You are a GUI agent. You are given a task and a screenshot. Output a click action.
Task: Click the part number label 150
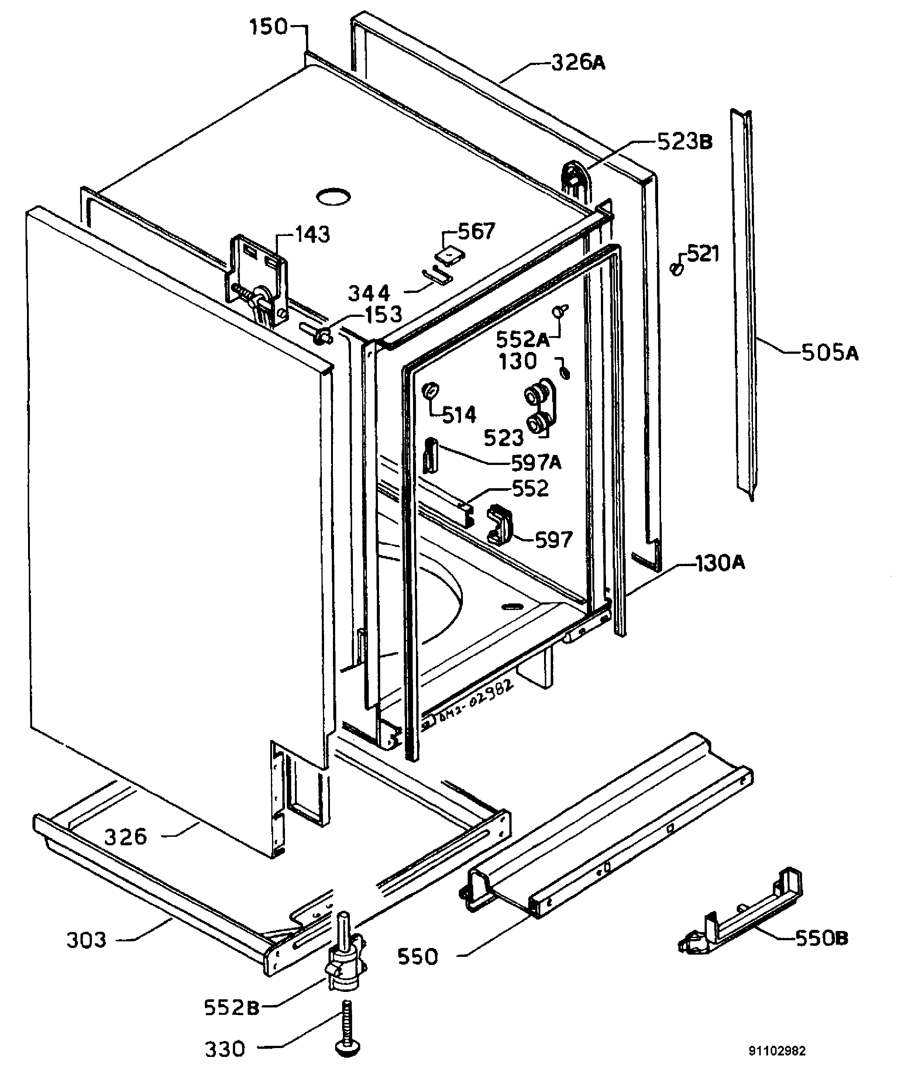268,27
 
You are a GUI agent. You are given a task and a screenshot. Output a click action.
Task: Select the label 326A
578,62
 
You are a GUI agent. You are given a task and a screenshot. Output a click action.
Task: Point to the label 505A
830,353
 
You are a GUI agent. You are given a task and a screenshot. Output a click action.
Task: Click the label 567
477,232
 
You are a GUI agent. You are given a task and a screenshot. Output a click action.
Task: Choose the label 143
312,235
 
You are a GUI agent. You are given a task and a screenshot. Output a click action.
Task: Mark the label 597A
536,462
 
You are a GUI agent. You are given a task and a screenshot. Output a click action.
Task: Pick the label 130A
720,563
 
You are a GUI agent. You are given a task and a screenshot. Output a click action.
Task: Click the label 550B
822,938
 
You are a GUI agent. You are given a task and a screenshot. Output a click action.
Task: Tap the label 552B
232,1007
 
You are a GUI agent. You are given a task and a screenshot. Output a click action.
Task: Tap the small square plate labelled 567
450,254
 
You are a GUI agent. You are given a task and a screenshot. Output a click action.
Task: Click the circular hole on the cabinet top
333,196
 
